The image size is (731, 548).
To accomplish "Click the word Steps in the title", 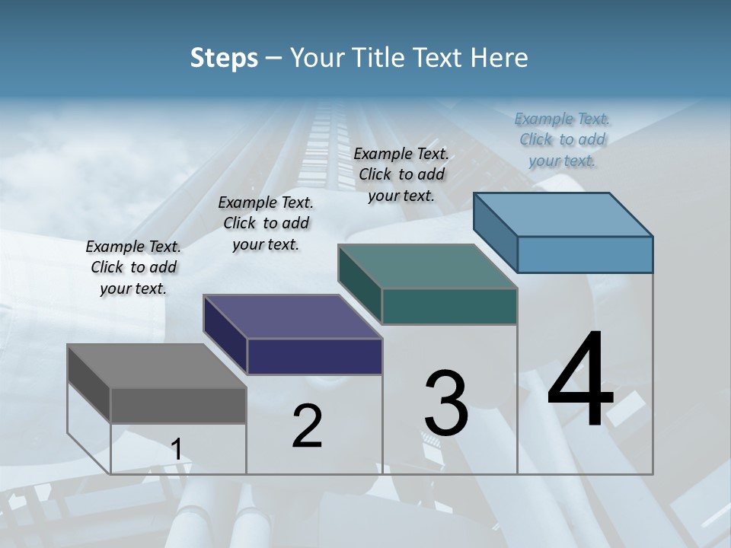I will (224, 58).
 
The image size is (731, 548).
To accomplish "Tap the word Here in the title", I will (500, 58).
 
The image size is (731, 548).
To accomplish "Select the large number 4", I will (580, 380).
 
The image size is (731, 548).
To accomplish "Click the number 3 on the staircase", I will (446, 403).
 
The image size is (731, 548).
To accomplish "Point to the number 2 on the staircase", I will (307, 426).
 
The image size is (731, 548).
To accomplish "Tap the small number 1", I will (176, 449).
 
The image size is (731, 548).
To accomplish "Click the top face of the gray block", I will (156, 366).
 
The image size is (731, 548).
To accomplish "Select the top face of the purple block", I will (292, 317).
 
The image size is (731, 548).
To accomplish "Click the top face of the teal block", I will (427, 266).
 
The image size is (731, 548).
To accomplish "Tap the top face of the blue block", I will (563, 214).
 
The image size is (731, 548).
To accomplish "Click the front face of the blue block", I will (585, 254).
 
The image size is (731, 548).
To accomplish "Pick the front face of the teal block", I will (449, 307).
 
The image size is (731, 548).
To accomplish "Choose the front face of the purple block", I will (314, 357).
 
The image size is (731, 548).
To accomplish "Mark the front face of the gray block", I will (178, 406).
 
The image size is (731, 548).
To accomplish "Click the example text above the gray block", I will (133, 267).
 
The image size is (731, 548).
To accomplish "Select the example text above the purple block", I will (266, 223).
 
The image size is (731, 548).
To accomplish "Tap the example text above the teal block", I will (401, 174).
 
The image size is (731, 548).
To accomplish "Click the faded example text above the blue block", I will (562, 139).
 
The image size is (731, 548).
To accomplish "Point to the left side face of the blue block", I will (495, 233).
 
